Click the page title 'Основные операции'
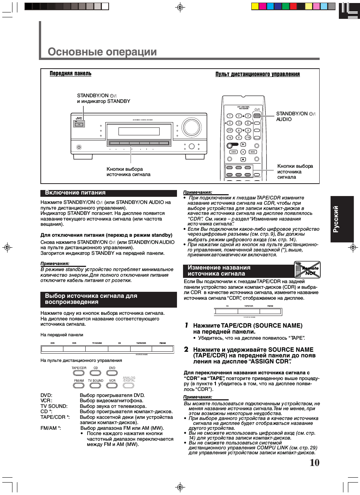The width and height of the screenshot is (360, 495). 102,52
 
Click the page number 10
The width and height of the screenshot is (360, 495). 314,463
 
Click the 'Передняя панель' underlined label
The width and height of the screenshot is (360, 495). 71,74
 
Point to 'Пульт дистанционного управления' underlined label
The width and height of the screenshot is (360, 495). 257,74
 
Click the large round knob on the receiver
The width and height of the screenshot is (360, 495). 191,127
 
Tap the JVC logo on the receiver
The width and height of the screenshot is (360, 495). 79,118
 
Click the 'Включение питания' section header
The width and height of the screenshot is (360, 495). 75,193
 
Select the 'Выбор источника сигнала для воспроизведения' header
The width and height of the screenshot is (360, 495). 91,299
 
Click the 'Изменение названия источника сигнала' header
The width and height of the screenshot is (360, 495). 219,271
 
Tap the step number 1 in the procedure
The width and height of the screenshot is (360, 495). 186,325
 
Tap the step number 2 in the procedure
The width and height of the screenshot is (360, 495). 186,349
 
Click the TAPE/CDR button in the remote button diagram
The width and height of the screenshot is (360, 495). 79,373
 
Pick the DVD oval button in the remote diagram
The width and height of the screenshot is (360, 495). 112,373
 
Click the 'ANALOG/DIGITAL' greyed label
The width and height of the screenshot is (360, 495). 129,379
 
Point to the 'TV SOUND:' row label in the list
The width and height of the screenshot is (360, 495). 54,406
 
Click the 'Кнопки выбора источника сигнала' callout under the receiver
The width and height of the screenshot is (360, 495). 128,172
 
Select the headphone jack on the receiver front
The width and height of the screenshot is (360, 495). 79,147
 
